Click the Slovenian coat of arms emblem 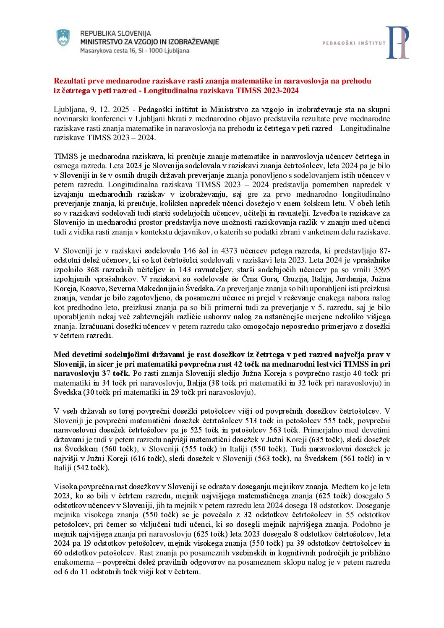(63, 38)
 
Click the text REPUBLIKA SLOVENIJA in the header (115, 33)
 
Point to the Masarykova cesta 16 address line (134, 51)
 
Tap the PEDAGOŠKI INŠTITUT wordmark (354, 43)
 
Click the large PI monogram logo (397, 42)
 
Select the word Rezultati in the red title (70, 81)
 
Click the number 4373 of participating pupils (229, 251)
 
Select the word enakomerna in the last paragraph (76, 562)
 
